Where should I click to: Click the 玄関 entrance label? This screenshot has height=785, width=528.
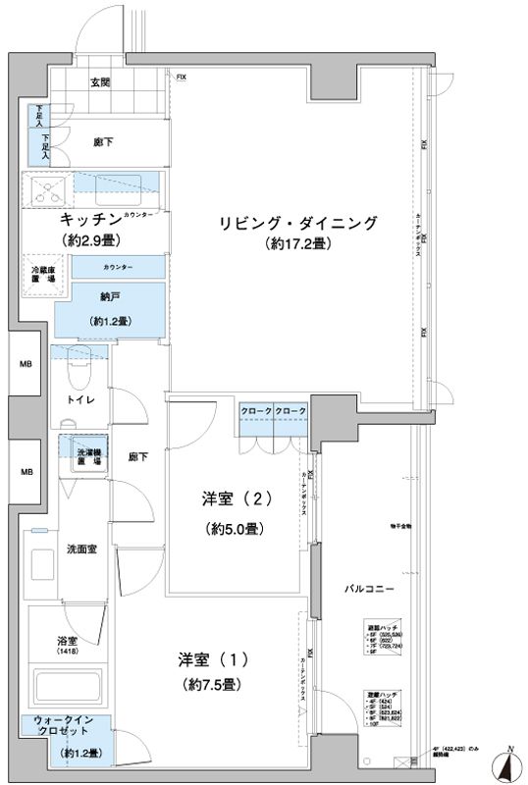click(100, 83)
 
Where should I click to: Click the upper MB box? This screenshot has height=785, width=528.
click(25, 365)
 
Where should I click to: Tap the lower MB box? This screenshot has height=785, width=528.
click(25, 471)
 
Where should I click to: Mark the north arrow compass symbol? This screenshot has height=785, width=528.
click(511, 764)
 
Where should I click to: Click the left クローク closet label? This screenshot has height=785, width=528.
click(254, 410)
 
